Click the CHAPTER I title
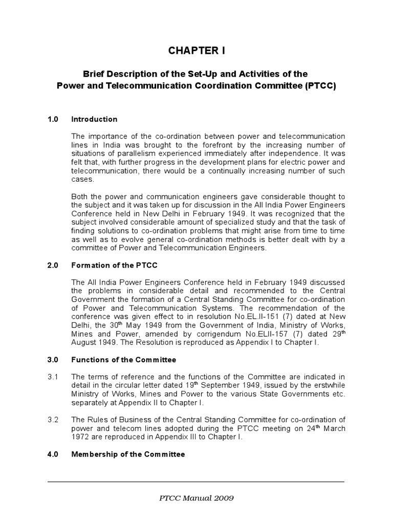coord(196,51)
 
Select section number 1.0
coord(53,119)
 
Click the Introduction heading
coord(94,119)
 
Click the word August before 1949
coord(85,342)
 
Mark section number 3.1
coord(53,377)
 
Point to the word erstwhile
coord(326,385)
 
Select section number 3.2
coord(53,419)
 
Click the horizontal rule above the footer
coord(196,482)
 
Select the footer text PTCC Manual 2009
coord(196,497)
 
